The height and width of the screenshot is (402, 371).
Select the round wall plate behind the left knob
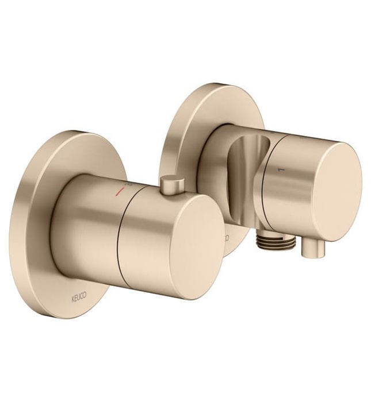tap(43, 230)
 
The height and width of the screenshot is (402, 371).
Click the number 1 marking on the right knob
tap(281, 170)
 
